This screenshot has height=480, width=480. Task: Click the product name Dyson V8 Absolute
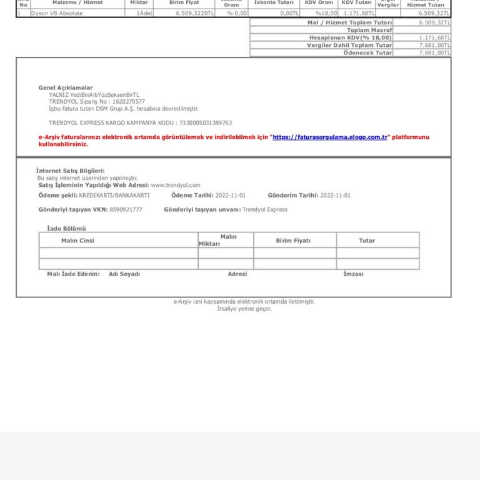tap(57, 13)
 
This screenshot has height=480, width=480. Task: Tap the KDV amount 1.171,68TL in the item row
tap(359, 13)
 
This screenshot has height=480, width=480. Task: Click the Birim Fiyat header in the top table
tap(184, 3)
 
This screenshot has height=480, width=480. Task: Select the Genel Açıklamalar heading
tap(66, 88)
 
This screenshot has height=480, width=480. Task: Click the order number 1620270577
tap(128, 101)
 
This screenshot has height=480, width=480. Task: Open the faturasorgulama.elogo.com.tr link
tap(330, 137)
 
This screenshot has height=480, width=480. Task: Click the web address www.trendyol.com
tap(176, 185)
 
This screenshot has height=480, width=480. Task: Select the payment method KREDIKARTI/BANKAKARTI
tap(114, 196)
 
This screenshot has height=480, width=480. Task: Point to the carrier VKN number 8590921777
tap(126, 209)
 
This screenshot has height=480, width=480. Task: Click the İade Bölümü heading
tap(66, 229)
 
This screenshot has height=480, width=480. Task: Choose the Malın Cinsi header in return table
tap(77, 241)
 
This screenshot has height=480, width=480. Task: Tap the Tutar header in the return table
tap(367, 241)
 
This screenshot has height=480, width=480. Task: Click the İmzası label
tap(353, 274)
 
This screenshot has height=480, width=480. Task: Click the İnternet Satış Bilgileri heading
tap(70, 171)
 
